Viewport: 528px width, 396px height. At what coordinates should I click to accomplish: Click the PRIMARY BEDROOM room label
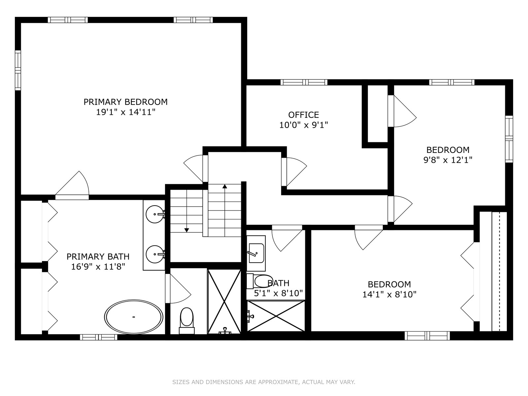[x=125, y=102]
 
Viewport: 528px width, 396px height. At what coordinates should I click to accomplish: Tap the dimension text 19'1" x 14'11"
[x=126, y=112]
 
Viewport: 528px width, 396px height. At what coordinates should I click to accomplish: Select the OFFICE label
[x=304, y=115]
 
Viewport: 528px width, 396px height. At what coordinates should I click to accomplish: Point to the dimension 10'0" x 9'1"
[x=304, y=125]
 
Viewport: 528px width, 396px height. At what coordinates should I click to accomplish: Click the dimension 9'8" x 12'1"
[x=448, y=160]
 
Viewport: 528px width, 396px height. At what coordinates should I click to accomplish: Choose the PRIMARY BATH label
[x=98, y=256]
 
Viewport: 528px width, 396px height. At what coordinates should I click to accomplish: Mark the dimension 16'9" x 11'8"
[x=98, y=267]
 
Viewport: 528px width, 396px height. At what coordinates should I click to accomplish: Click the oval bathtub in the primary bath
[x=134, y=317]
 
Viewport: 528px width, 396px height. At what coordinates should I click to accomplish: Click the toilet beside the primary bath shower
[x=187, y=321]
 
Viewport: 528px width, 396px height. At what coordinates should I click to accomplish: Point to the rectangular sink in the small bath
[x=256, y=253]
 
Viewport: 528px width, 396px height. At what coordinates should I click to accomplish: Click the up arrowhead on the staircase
[x=225, y=186]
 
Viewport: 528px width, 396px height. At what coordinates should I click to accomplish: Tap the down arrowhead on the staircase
[x=187, y=230]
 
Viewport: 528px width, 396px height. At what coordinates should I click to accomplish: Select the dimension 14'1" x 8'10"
[x=389, y=295]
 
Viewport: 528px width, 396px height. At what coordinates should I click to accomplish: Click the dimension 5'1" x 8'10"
[x=278, y=293]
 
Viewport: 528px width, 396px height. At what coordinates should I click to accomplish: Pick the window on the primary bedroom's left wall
[x=18, y=70]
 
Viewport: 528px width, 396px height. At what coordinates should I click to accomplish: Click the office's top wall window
[x=304, y=82]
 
